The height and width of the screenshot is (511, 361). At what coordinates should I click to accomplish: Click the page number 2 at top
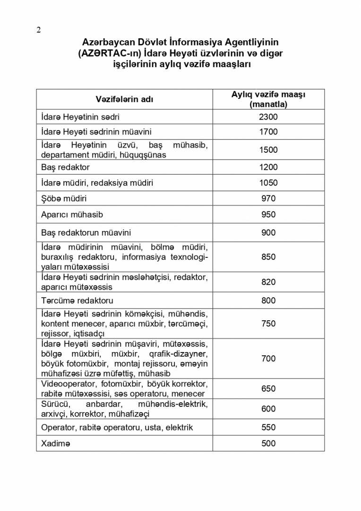point(39,30)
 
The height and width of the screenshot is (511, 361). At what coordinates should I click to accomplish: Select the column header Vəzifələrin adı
point(124,99)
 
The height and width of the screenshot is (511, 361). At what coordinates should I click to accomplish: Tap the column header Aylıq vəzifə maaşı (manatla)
point(268,99)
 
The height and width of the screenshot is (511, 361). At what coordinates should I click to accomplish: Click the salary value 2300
point(268,117)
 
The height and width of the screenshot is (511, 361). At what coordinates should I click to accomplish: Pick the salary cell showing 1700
point(268,132)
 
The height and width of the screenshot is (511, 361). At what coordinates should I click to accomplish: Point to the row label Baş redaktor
point(65,167)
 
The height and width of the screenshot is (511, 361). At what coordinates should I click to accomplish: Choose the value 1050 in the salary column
point(268,183)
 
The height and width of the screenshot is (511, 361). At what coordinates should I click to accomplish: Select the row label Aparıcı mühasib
point(72,215)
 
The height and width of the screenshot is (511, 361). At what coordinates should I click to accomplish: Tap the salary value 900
point(268,233)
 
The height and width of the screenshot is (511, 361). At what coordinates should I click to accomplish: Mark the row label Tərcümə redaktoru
point(77,300)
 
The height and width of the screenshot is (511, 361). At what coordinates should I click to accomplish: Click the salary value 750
point(268,324)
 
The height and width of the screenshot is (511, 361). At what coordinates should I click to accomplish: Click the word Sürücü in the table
point(55,404)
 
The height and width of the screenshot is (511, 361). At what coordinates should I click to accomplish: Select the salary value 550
point(268,427)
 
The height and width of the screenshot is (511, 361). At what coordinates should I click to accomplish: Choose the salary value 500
point(268,443)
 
